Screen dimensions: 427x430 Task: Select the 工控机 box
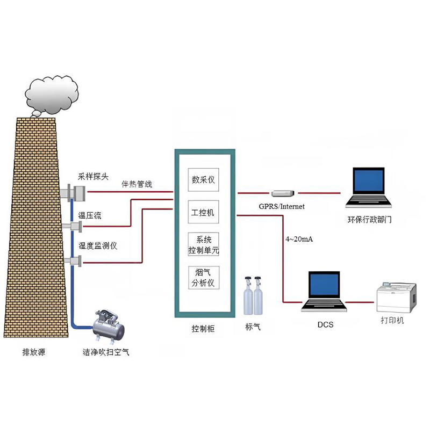click(203, 213)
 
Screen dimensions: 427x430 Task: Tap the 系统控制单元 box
click(203, 245)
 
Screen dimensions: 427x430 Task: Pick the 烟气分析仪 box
click(203, 278)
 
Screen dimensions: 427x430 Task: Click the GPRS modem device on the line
click(283, 193)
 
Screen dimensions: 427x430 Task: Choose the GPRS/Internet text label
click(282, 206)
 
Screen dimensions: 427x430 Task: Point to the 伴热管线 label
click(137, 184)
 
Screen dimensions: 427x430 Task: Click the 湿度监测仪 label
click(98, 245)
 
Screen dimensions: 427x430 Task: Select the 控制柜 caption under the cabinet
click(203, 328)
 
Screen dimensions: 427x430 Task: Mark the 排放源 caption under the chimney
click(33, 352)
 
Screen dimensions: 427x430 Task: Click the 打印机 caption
click(392, 321)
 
